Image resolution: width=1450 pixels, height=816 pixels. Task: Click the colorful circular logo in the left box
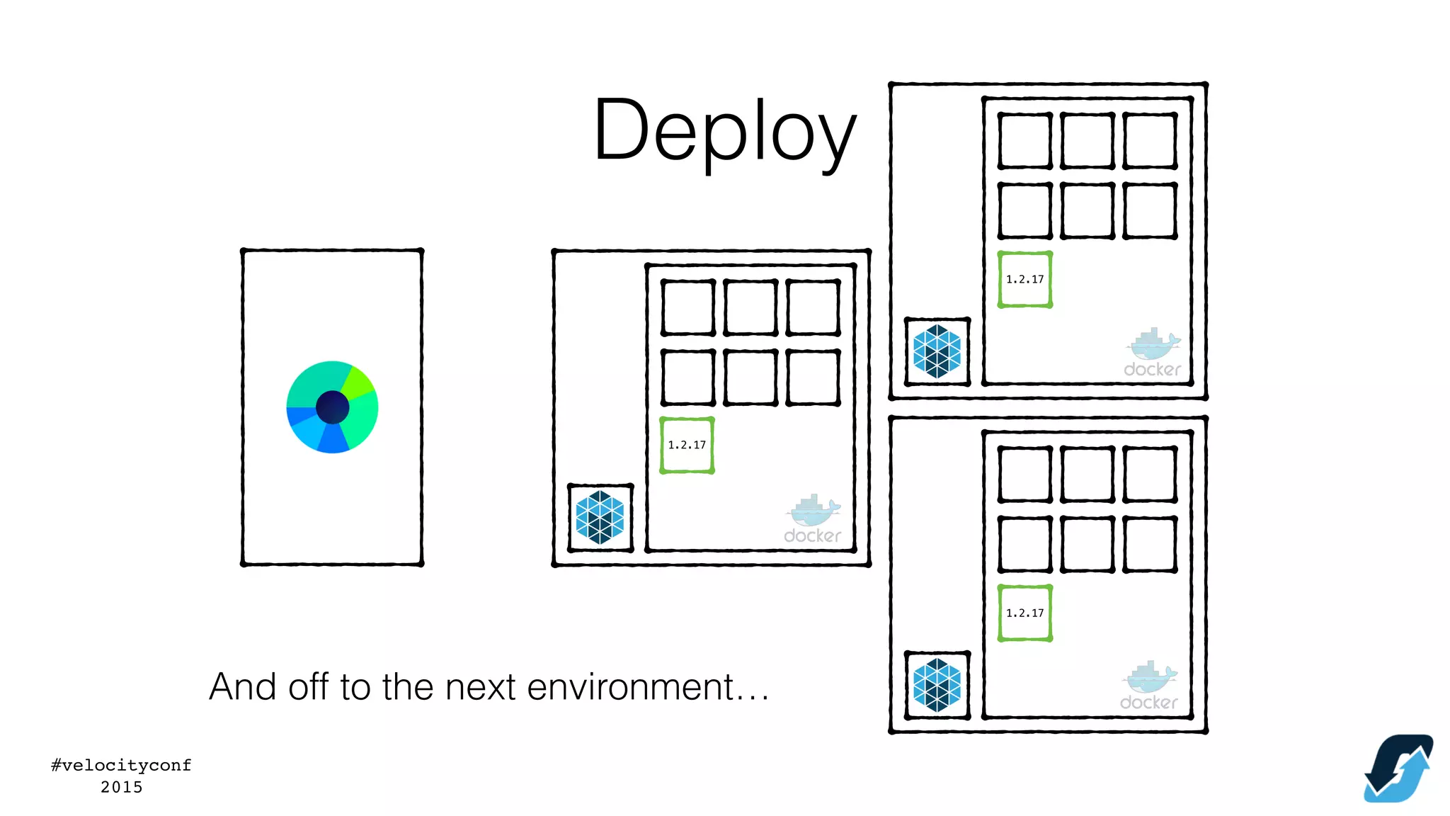332,407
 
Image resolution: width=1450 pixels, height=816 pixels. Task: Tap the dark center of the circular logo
332,407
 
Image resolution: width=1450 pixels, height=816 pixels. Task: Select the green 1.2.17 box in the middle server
687,445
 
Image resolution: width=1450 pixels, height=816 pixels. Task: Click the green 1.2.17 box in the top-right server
1024,279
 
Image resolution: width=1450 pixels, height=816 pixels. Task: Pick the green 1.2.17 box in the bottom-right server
1024,613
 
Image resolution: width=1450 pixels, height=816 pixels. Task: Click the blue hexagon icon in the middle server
600,518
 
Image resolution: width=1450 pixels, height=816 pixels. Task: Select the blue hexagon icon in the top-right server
937,351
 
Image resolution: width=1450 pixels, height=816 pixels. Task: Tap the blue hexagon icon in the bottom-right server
937,685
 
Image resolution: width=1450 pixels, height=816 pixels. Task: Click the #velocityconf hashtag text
121,765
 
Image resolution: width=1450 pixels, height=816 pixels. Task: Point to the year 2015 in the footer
121,787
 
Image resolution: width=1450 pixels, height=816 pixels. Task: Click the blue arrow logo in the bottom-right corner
1398,769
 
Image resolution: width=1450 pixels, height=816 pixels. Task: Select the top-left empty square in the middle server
687,307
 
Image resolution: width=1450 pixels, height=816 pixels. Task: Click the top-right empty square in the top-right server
1150,140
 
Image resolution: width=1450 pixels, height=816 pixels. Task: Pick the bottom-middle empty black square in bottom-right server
1087,543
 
